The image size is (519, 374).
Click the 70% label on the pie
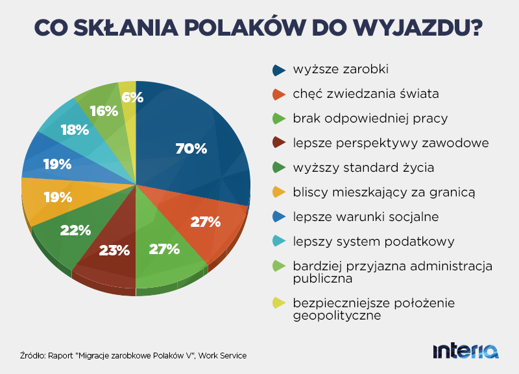(191, 148)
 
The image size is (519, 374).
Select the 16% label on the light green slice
(104, 111)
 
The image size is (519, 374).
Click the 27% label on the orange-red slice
(206, 222)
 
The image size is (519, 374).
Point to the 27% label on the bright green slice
(163, 249)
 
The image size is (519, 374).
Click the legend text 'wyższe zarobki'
(332, 69)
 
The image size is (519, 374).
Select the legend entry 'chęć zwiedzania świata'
(366, 94)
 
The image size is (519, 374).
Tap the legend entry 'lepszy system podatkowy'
(373, 241)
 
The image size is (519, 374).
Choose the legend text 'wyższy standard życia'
(363, 168)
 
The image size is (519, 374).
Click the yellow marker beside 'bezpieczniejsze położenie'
(280, 303)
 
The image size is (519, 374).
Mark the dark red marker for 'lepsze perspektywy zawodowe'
(280, 143)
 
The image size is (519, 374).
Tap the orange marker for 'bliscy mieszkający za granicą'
(280, 192)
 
